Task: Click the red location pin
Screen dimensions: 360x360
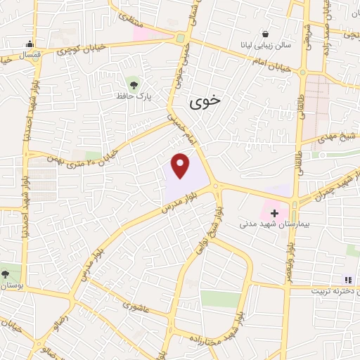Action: (x=181, y=165)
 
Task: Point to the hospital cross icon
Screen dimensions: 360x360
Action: (x=274, y=212)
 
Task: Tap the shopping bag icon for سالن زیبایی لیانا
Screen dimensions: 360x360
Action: (x=265, y=34)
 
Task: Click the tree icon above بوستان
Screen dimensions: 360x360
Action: (x=6, y=274)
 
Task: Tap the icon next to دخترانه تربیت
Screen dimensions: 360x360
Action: (x=347, y=279)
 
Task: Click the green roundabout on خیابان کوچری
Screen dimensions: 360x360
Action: (x=181, y=39)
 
